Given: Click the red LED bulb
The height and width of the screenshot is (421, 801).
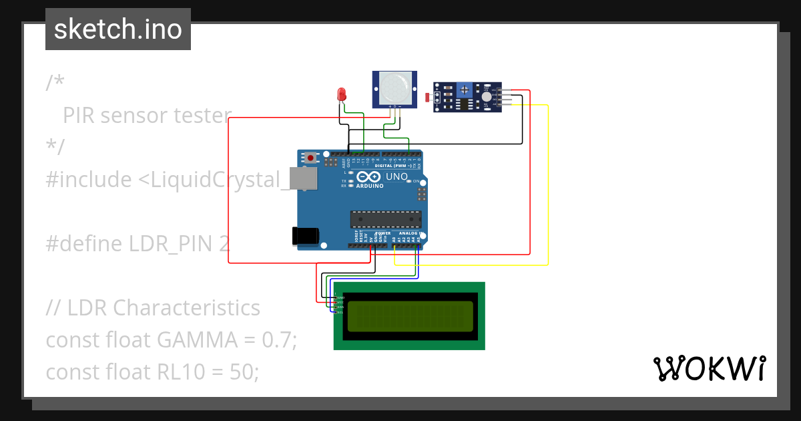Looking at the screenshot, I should coord(342,94).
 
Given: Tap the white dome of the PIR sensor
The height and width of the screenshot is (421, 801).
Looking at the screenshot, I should coord(394,88).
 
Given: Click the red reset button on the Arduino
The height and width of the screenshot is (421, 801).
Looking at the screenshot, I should coord(310,158).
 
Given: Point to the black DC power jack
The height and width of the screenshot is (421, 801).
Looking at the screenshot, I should coord(304,236).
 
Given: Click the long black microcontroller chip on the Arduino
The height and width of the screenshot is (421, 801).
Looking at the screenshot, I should coord(386,219).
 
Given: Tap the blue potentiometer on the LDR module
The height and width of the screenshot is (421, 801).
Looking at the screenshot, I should coord(465,90).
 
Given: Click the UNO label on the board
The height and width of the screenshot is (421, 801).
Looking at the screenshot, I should coord(397,177).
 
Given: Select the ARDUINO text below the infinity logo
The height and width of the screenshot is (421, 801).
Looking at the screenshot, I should coord(370,186).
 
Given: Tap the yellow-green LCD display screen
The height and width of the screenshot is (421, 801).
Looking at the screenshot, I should coord(410,315).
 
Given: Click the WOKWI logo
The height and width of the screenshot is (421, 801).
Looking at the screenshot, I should coord(709,369).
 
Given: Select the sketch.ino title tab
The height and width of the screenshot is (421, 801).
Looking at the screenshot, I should coord(118,29).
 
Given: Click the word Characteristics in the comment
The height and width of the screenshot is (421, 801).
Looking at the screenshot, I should coord(186,307).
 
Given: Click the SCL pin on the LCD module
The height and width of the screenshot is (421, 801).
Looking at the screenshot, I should coord(339,312).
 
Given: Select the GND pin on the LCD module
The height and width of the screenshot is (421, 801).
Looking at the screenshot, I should coord(339,297).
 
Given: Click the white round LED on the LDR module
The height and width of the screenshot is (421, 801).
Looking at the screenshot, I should coord(487,97).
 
